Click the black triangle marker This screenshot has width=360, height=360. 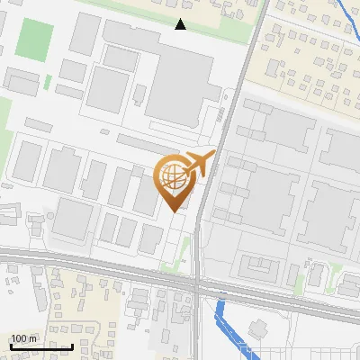click(181, 24)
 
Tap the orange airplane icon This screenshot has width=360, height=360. click(200, 164)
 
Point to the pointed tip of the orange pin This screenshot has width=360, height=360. click(173, 211)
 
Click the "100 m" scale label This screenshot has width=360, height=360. click(23, 338)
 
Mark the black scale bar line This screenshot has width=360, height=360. click(41, 346)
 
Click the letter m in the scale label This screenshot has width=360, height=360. click(32, 338)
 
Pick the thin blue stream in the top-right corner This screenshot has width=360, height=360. click(347, 18)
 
